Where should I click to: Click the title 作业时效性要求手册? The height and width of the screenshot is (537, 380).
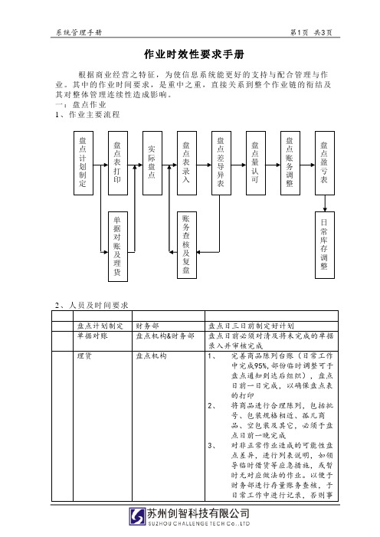[x=194, y=54]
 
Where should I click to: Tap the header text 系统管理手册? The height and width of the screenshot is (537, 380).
[x=79, y=32]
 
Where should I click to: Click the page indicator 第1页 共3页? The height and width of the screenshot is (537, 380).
[x=311, y=32]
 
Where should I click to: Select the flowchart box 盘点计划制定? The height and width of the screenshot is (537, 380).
[x=84, y=163]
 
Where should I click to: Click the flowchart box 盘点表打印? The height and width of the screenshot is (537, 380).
[x=118, y=163]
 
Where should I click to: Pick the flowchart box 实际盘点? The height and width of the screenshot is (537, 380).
[x=152, y=163]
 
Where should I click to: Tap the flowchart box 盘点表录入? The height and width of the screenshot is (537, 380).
[x=187, y=163]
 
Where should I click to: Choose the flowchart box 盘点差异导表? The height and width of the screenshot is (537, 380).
[x=221, y=163]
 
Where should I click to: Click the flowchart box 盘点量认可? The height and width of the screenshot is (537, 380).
[x=256, y=163]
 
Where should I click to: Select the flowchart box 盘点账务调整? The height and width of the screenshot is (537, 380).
[x=290, y=163]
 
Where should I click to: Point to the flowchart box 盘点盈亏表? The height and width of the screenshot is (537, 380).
[x=325, y=163]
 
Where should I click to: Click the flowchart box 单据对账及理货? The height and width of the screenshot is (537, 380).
[x=118, y=247]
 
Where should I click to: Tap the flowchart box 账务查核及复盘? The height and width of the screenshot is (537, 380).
[x=187, y=245]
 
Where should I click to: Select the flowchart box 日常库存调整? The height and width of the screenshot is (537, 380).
[x=325, y=245]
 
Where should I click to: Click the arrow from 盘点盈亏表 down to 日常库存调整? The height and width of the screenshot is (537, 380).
[x=325, y=204]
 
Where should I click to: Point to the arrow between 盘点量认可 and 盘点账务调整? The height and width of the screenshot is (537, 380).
[x=273, y=165]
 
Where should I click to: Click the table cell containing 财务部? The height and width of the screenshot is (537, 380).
[x=169, y=326]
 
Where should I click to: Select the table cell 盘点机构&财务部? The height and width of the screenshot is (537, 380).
[x=169, y=341]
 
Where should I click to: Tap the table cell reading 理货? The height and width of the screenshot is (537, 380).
[x=103, y=426]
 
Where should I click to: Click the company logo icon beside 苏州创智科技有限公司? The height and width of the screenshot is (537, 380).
[x=137, y=516]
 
